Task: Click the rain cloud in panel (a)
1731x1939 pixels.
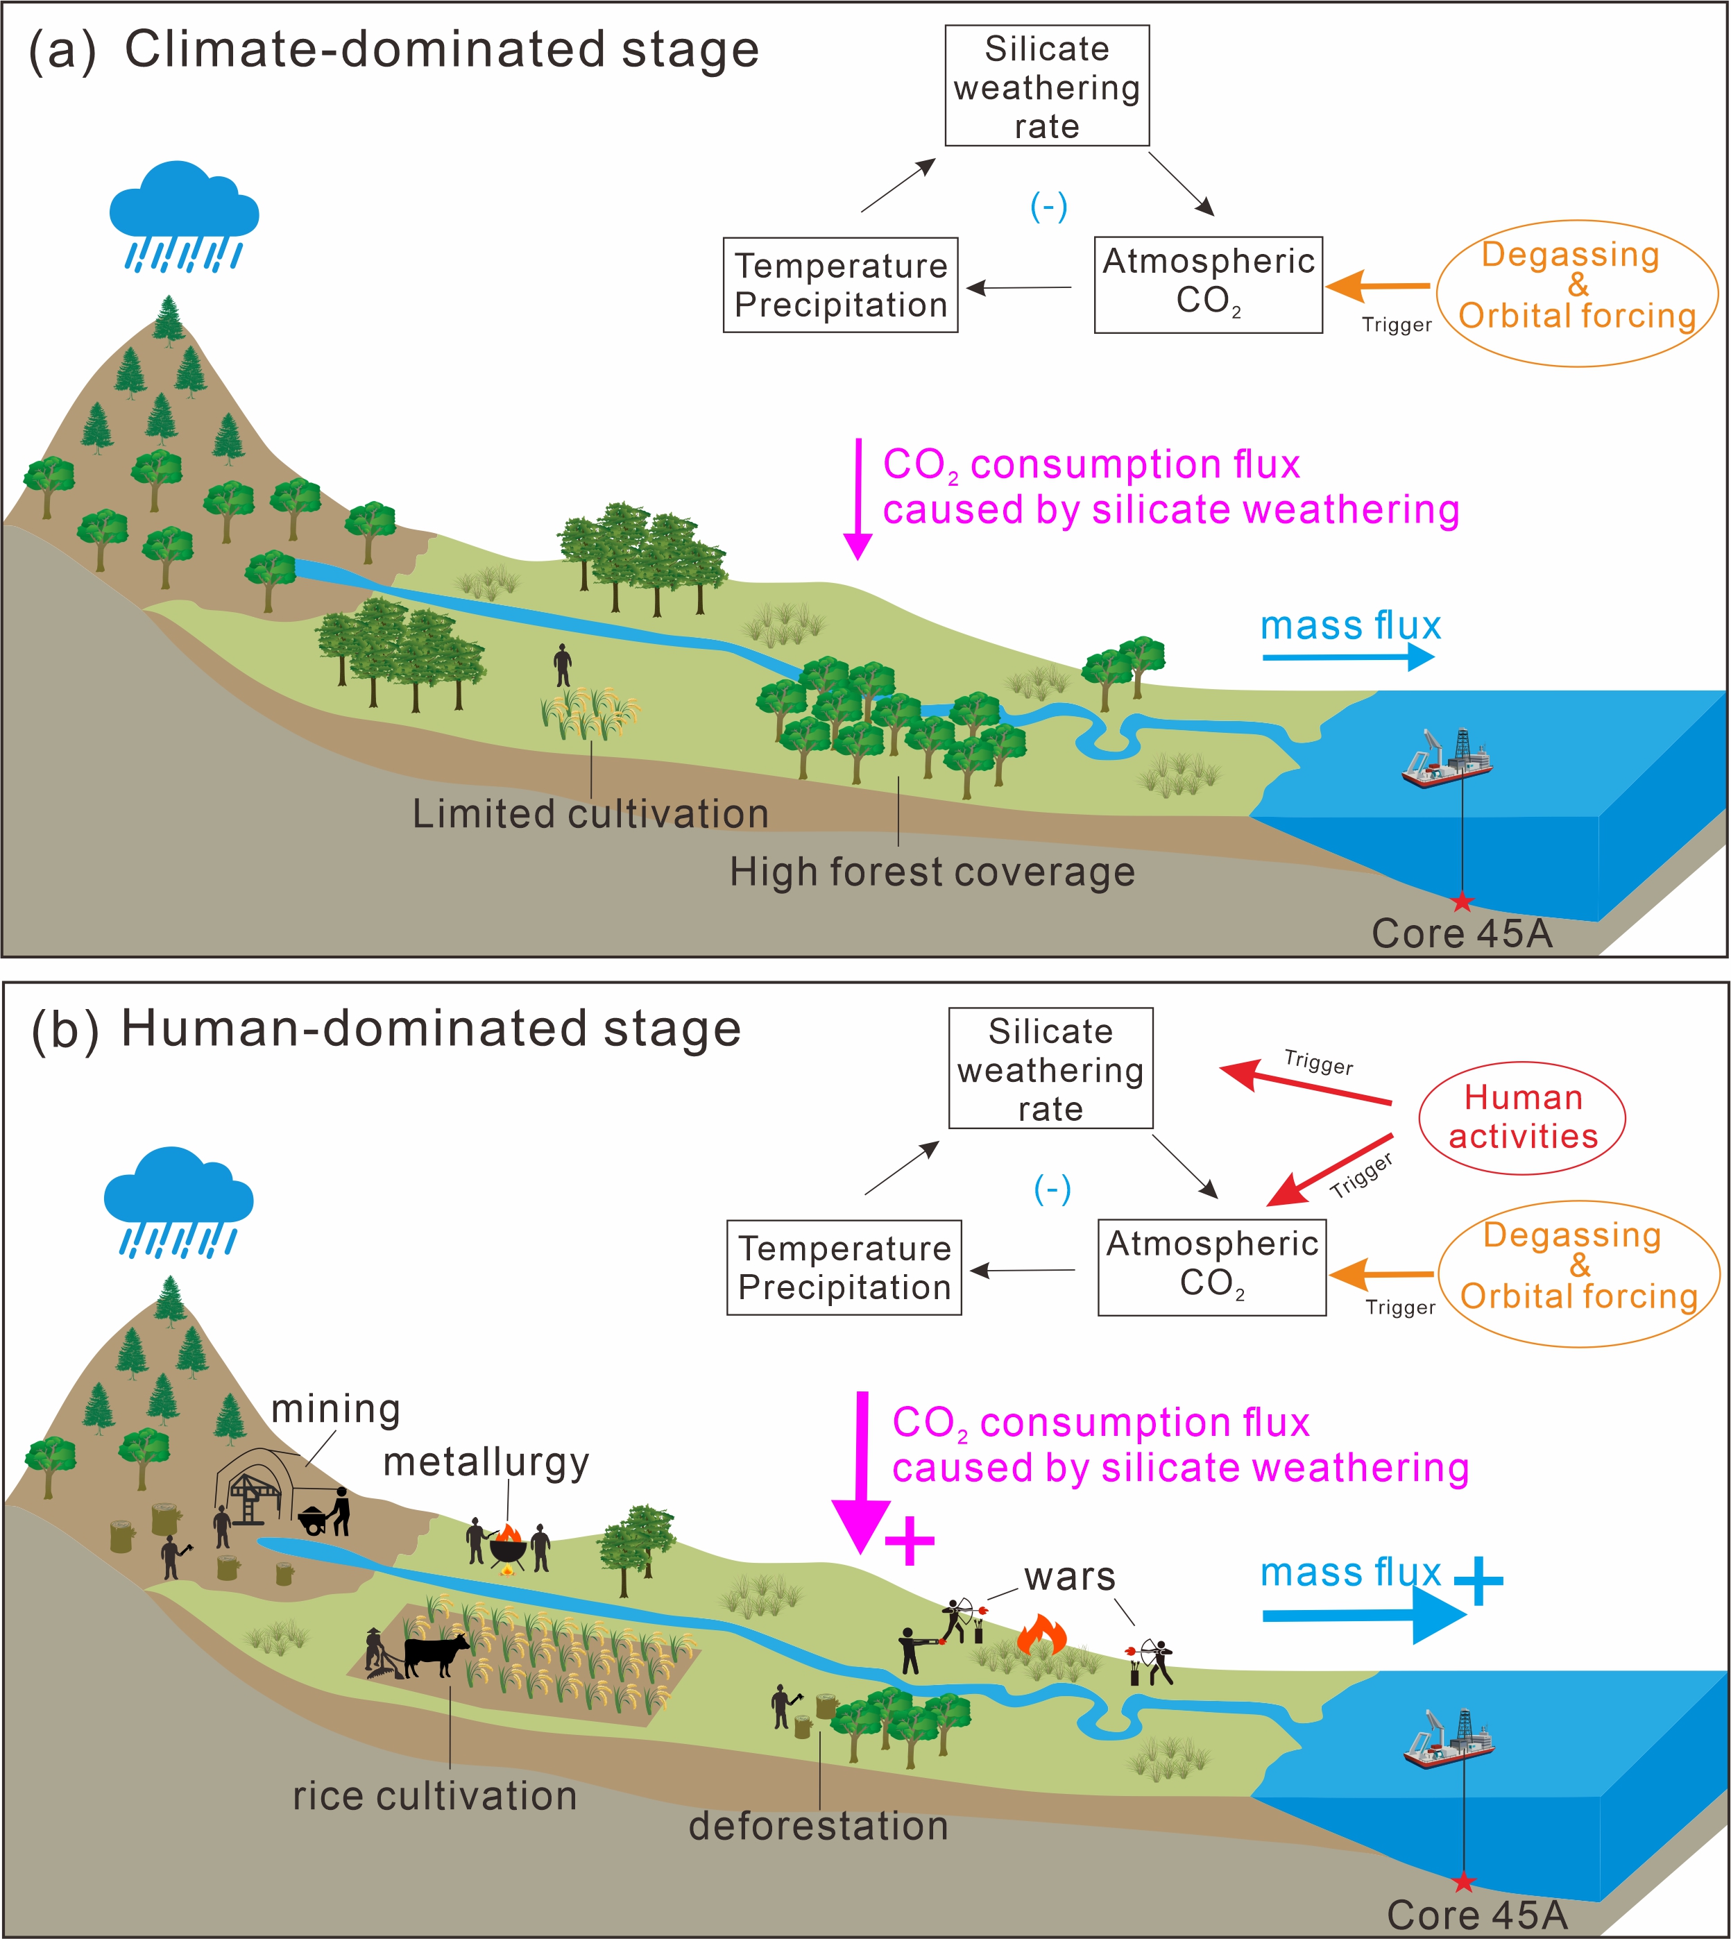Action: [x=184, y=202]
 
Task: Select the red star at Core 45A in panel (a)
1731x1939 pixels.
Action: [x=1463, y=901]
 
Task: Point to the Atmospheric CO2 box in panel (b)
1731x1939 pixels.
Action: [x=1211, y=1267]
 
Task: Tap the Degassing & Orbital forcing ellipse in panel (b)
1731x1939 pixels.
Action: [x=1579, y=1273]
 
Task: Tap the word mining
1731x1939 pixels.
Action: [x=336, y=1409]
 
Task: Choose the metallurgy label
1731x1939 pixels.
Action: [x=486, y=1462]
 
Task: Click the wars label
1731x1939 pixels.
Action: [x=1070, y=1577]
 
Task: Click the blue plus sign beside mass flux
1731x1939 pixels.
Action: [x=1479, y=1580]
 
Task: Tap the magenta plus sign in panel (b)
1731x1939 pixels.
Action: [x=910, y=1541]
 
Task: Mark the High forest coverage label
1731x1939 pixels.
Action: [x=932, y=872]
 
